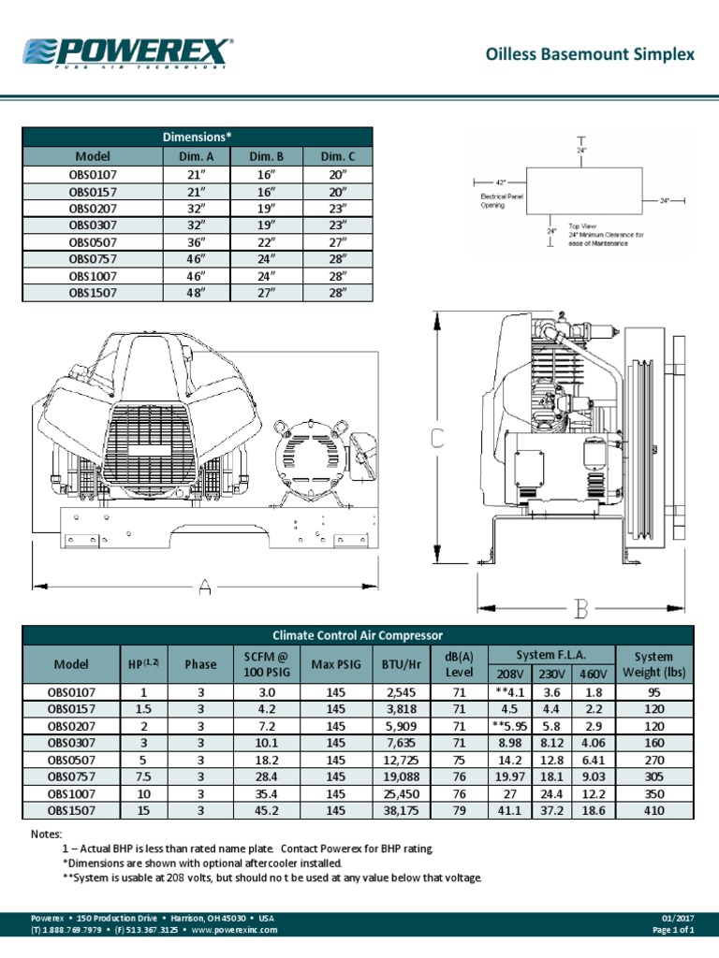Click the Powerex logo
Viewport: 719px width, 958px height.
pos(127,53)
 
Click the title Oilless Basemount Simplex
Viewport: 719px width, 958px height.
pos(591,54)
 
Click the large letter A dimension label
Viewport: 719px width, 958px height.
pos(205,587)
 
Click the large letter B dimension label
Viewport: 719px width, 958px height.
pos(580,610)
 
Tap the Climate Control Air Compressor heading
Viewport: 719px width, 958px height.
pos(359,635)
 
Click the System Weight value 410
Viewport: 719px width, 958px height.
pos(653,810)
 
